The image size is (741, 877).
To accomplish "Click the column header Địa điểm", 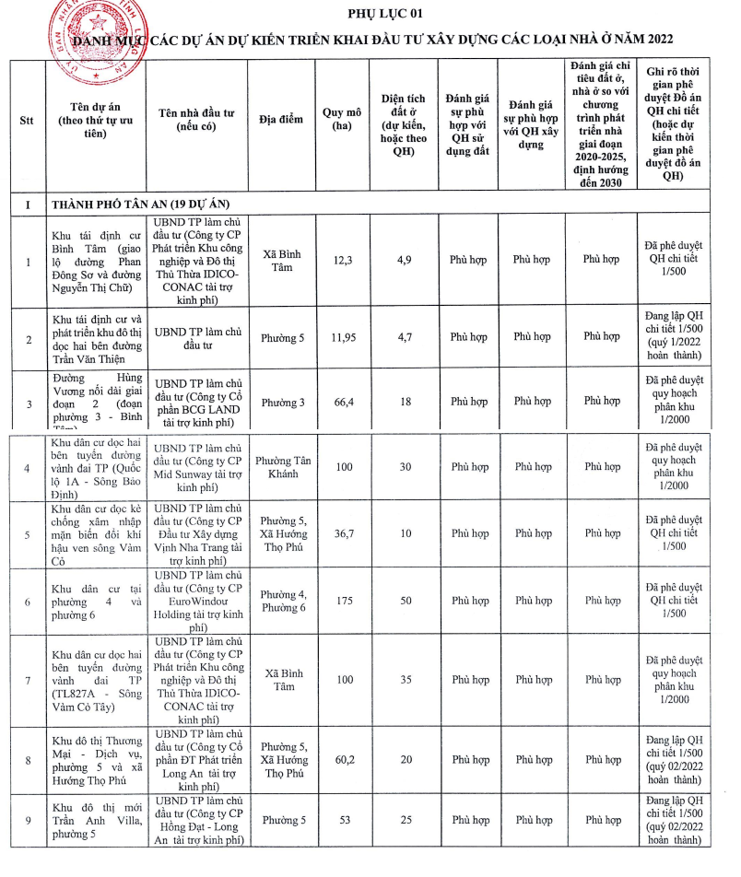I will pyautogui.click(x=281, y=121).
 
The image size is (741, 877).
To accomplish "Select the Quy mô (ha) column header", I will pyautogui.click(x=343, y=120).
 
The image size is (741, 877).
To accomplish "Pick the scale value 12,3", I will pyautogui.click(x=343, y=260).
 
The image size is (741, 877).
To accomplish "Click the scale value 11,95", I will pyautogui.click(x=343, y=338).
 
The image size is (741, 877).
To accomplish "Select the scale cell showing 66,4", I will pyautogui.click(x=343, y=402).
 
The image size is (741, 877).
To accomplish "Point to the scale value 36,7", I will pyautogui.click(x=343, y=534).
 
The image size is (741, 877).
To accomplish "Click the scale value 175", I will pyautogui.click(x=343, y=601).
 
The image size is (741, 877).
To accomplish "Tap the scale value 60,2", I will pyautogui.click(x=343, y=760).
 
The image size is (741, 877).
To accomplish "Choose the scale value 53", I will pyautogui.click(x=343, y=820).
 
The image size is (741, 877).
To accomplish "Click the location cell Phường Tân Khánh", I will pyautogui.click(x=281, y=467).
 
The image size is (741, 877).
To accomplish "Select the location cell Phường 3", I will pyautogui.click(x=281, y=402).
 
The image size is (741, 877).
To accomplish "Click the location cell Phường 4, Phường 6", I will pyautogui.click(x=281, y=601).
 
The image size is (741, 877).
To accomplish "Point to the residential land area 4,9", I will pyautogui.click(x=404, y=260).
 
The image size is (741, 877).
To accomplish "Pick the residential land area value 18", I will pyautogui.click(x=404, y=402).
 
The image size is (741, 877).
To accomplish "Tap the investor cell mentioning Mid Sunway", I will pyautogui.click(x=197, y=467).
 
